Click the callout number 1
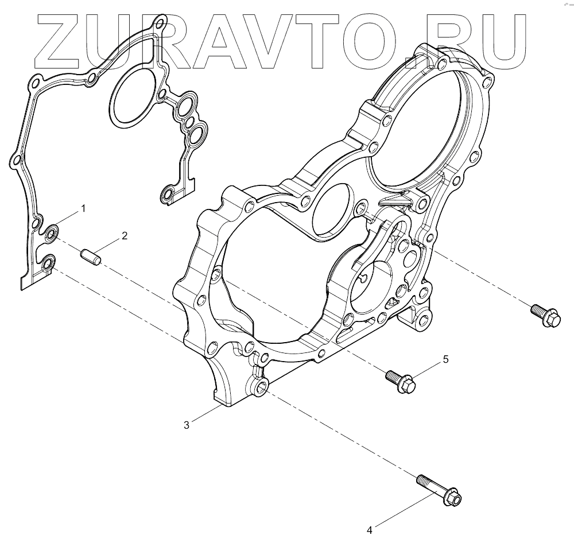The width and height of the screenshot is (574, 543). [83, 208]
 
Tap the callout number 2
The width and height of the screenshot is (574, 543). [124, 236]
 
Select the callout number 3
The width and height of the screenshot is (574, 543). [187, 425]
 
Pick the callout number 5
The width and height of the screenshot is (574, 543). [445, 359]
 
